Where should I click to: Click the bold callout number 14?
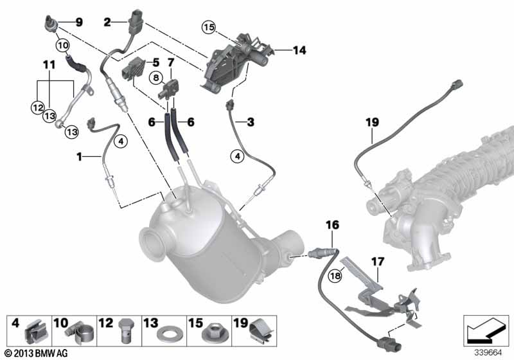[299, 50]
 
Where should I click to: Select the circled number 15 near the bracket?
[208, 27]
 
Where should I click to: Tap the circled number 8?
[156, 78]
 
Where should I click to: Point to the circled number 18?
[335, 276]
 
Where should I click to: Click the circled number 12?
[38, 107]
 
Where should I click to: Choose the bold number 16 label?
[332, 225]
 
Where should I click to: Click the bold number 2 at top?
[107, 22]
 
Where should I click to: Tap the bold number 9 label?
[79, 22]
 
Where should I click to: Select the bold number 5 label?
[156, 62]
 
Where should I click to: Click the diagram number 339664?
[488, 353]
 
